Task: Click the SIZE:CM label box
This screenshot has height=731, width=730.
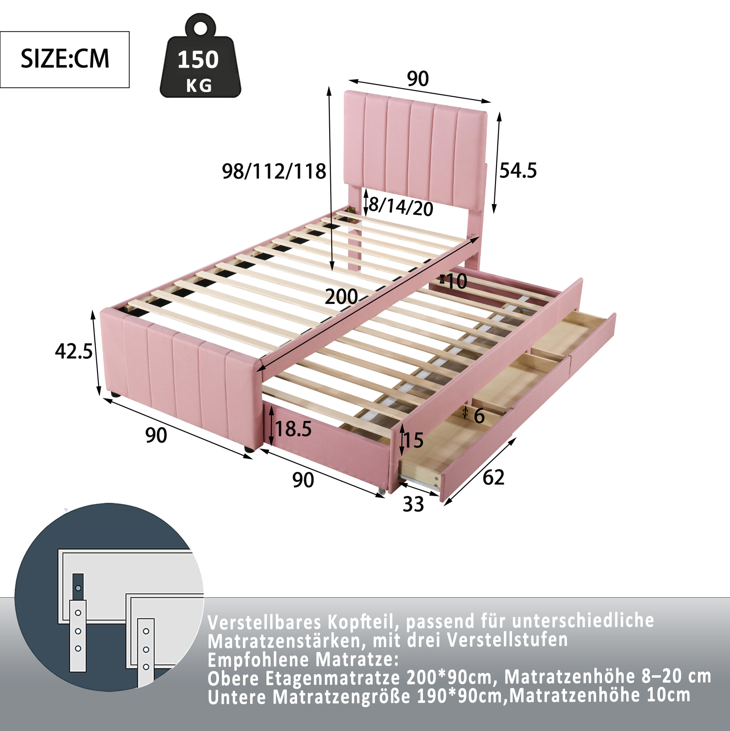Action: pyautogui.click(x=65, y=59)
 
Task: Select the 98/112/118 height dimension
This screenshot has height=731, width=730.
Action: pyautogui.click(x=274, y=171)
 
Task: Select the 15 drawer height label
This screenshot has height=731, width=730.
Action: pyautogui.click(x=413, y=440)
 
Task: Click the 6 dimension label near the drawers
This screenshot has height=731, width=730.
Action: pyautogui.click(x=479, y=416)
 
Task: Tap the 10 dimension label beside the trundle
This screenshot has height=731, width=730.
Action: pyautogui.click(x=457, y=281)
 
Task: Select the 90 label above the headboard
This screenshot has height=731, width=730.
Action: pyautogui.click(x=417, y=79)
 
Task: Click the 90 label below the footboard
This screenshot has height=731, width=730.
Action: pyautogui.click(x=156, y=435)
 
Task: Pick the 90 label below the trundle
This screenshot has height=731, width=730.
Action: pyautogui.click(x=303, y=480)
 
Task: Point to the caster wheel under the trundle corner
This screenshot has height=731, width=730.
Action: pyautogui.click(x=381, y=491)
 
